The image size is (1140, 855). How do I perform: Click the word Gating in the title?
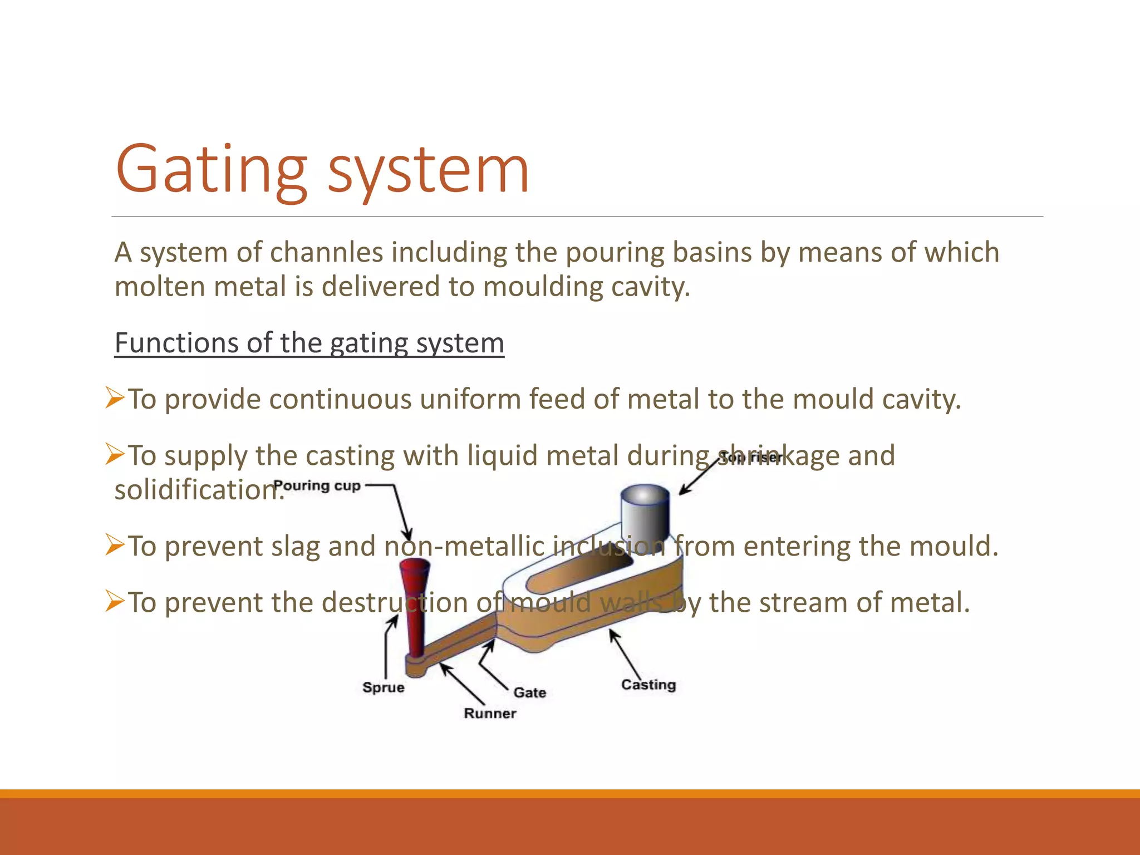[x=210, y=170]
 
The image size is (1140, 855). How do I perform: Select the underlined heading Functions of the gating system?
[x=309, y=343]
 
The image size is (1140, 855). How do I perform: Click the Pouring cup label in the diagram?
[x=317, y=485]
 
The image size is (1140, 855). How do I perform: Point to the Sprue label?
[x=383, y=687]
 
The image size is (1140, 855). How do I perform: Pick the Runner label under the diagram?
[x=490, y=714]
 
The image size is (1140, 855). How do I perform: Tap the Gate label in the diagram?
[x=529, y=693]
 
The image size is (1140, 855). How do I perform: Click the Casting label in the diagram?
[x=648, y=685]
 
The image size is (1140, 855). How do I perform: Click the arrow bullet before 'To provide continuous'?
[x=115, y=399]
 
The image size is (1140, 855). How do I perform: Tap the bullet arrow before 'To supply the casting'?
[x=115, y=455]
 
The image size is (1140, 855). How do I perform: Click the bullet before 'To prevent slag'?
[x=115, y=545]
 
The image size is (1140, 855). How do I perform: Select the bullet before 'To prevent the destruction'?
[x=115, y=602]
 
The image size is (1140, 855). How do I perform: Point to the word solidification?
[x=195, y=490]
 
